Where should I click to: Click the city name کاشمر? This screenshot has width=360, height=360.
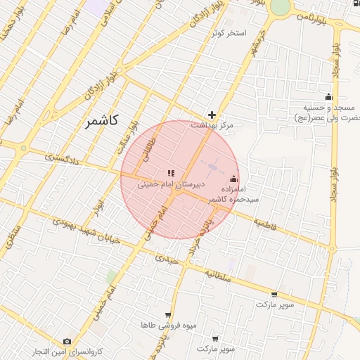(x=101, y=122)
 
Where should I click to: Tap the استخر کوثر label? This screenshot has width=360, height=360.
(x=227, y=33)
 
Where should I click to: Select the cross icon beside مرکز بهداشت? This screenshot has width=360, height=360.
(x=212, y=115)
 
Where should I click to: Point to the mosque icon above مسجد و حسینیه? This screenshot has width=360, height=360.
(x=327, y=97)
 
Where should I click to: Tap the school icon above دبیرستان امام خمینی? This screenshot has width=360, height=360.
(x=169, y=173)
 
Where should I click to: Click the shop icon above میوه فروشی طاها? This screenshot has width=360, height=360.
(x=167, y=316)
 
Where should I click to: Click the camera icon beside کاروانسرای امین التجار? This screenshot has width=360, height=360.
(x=67, y=342)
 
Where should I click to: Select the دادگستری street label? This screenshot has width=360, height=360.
(x=62, y=159)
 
